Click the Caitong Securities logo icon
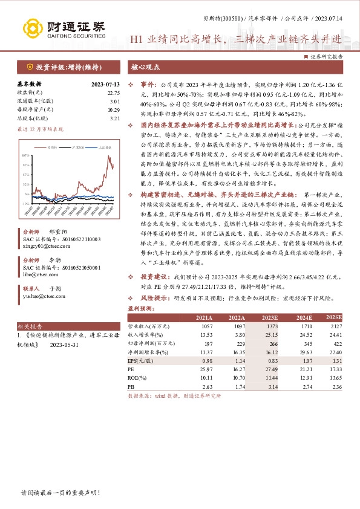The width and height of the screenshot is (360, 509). point(30,28)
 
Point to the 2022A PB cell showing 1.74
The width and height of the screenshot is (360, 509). point(237,385)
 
